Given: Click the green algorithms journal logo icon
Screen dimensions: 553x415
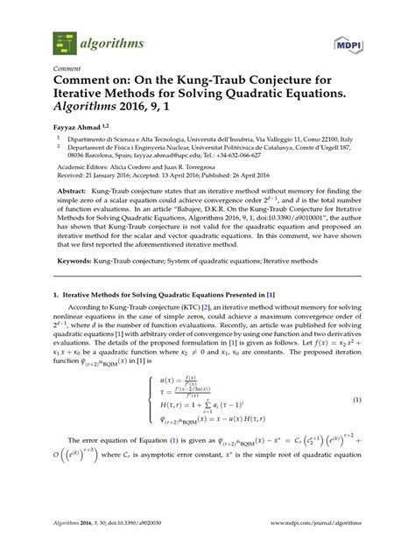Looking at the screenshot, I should coord(64,39).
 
